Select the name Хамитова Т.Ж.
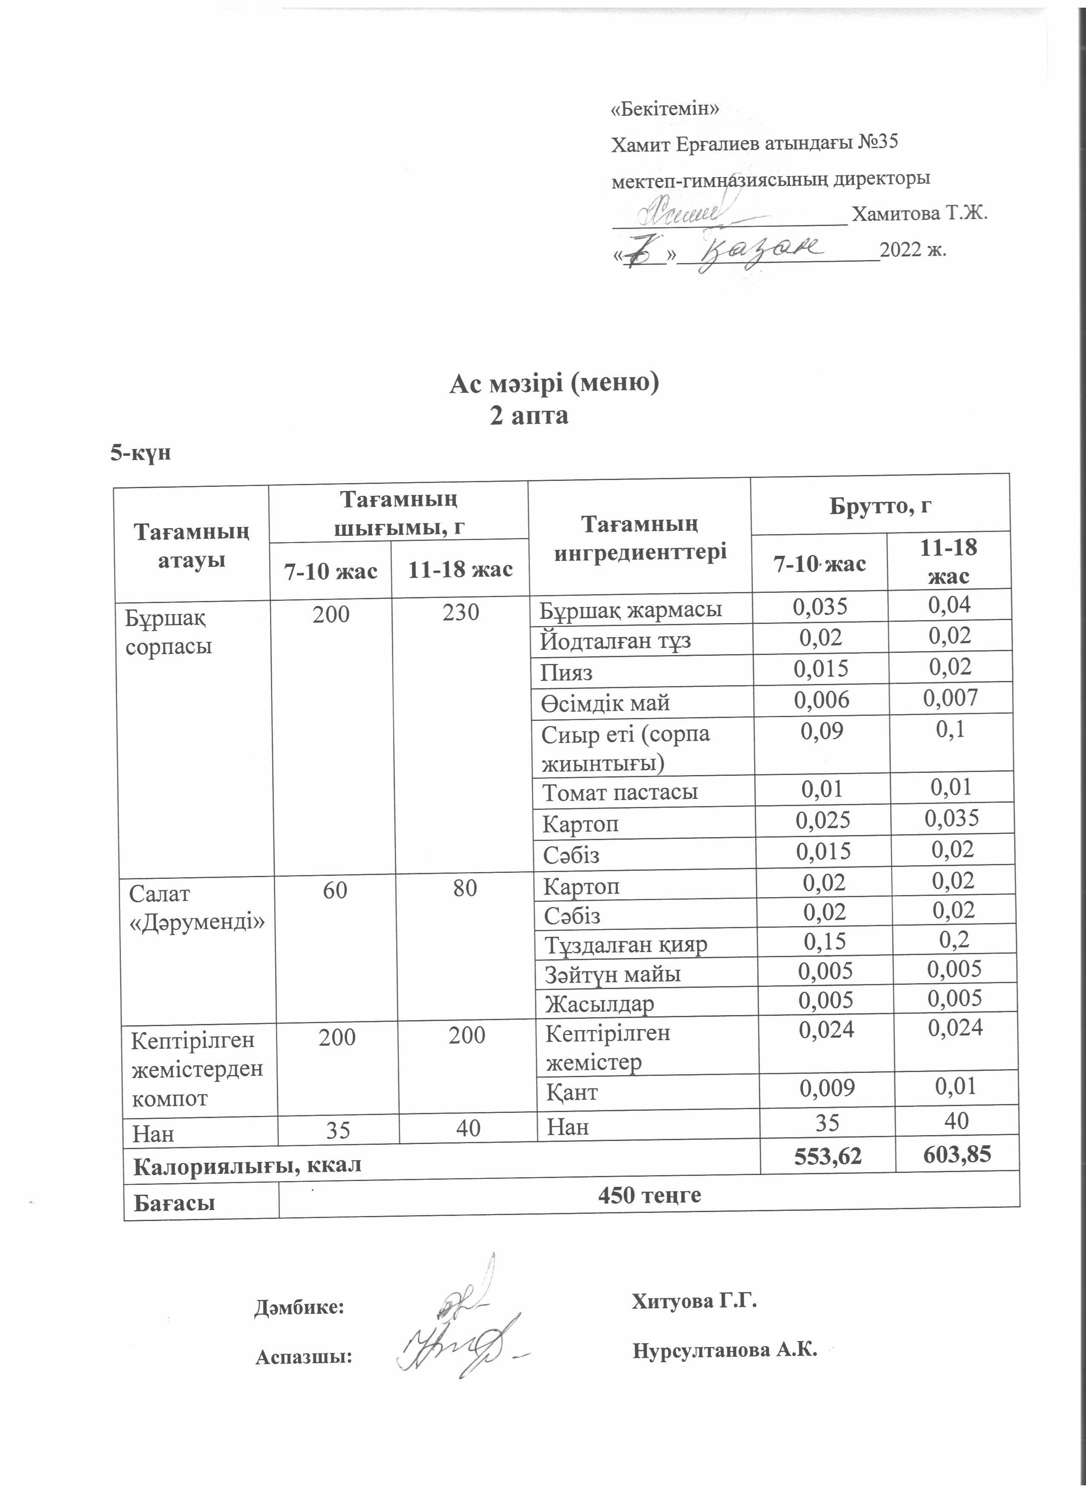(920, 214)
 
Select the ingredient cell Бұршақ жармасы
(630, 609)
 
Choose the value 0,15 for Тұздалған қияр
(824, 941)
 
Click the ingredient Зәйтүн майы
(612, 974)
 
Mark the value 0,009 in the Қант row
(827, 1089)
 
